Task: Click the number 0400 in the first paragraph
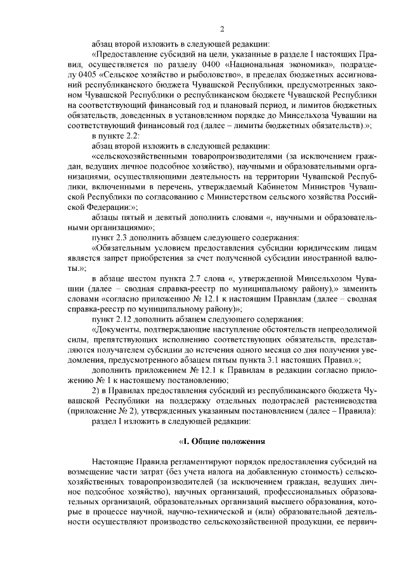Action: coord(225,65)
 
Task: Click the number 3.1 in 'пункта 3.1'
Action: coord(254,359)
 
